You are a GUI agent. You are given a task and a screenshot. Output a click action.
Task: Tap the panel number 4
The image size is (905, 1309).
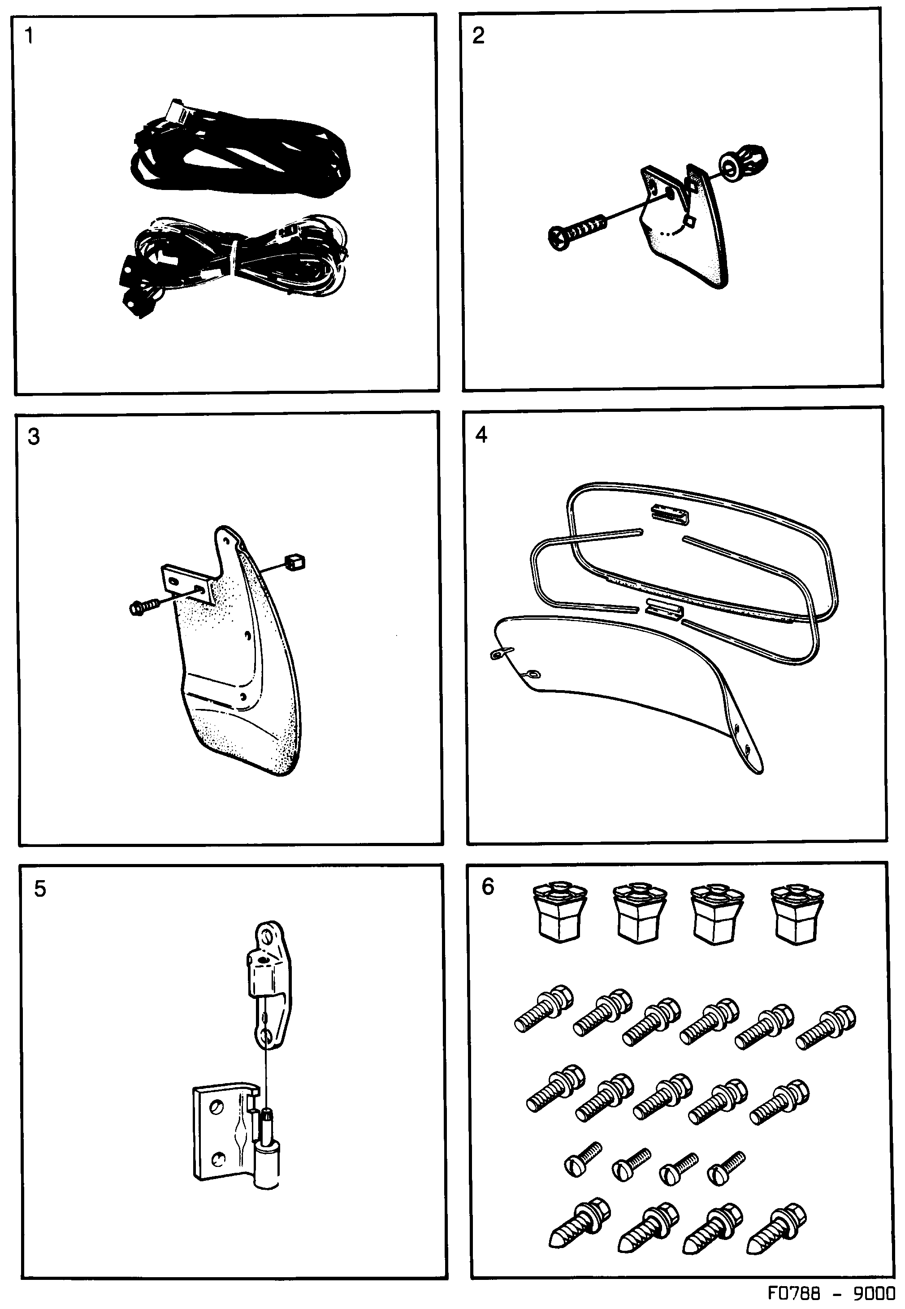[x=481, y=435]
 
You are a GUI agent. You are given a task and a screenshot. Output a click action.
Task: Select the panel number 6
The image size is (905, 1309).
[x=488, y=887]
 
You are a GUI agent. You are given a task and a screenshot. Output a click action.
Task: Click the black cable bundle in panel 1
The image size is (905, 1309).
[x=238, y=156]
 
